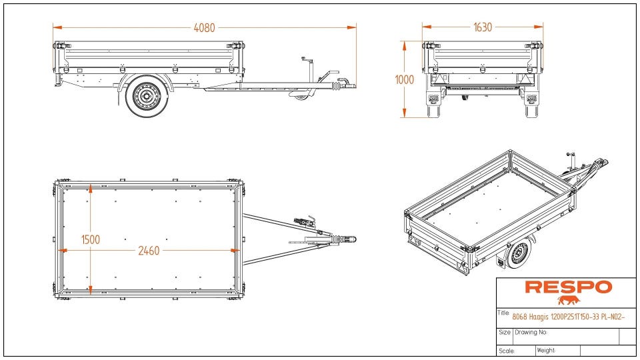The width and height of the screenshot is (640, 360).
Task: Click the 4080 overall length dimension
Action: click(205, 27)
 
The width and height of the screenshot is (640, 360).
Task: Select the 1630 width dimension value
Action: click(483, 27)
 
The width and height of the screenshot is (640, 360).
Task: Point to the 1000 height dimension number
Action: click(404, 79)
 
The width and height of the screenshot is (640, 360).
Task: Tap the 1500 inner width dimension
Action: click(91, 239)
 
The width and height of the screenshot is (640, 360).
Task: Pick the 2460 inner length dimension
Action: click(149, 251)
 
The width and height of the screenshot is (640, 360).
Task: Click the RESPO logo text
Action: click(568, 287)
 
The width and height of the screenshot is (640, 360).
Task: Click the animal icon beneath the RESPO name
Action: click(569, 300)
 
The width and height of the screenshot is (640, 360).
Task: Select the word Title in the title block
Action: click(504, 313)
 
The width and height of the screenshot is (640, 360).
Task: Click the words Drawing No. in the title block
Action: click(531, 331)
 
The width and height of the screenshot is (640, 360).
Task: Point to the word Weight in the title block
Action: click(546, 350)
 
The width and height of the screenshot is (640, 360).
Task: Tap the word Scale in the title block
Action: click(507, 351)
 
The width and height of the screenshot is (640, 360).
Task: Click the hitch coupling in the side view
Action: click(346, 85)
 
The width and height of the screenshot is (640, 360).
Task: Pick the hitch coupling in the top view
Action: click(348, 239)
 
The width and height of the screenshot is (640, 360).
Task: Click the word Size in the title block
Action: click(505, 331)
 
